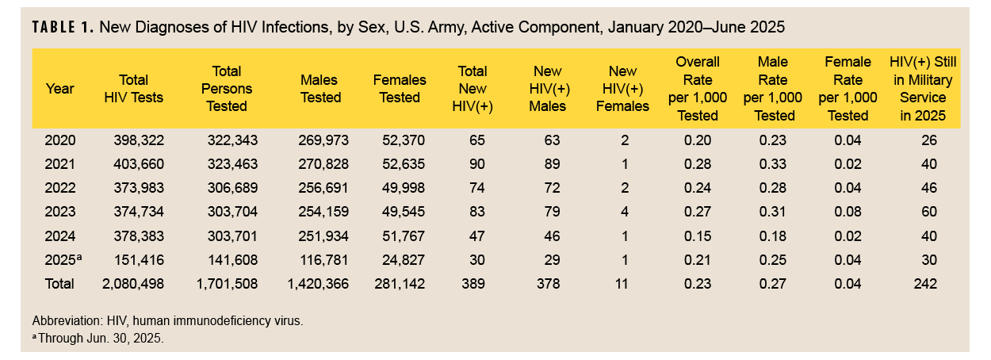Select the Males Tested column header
[x=320, y=89]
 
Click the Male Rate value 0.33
[x=773, y=164]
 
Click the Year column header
[x=59, y=88]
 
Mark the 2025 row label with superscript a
[x=62, y=259]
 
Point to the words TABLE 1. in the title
[x=63, y=28]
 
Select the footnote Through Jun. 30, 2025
[x=98, y=338]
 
